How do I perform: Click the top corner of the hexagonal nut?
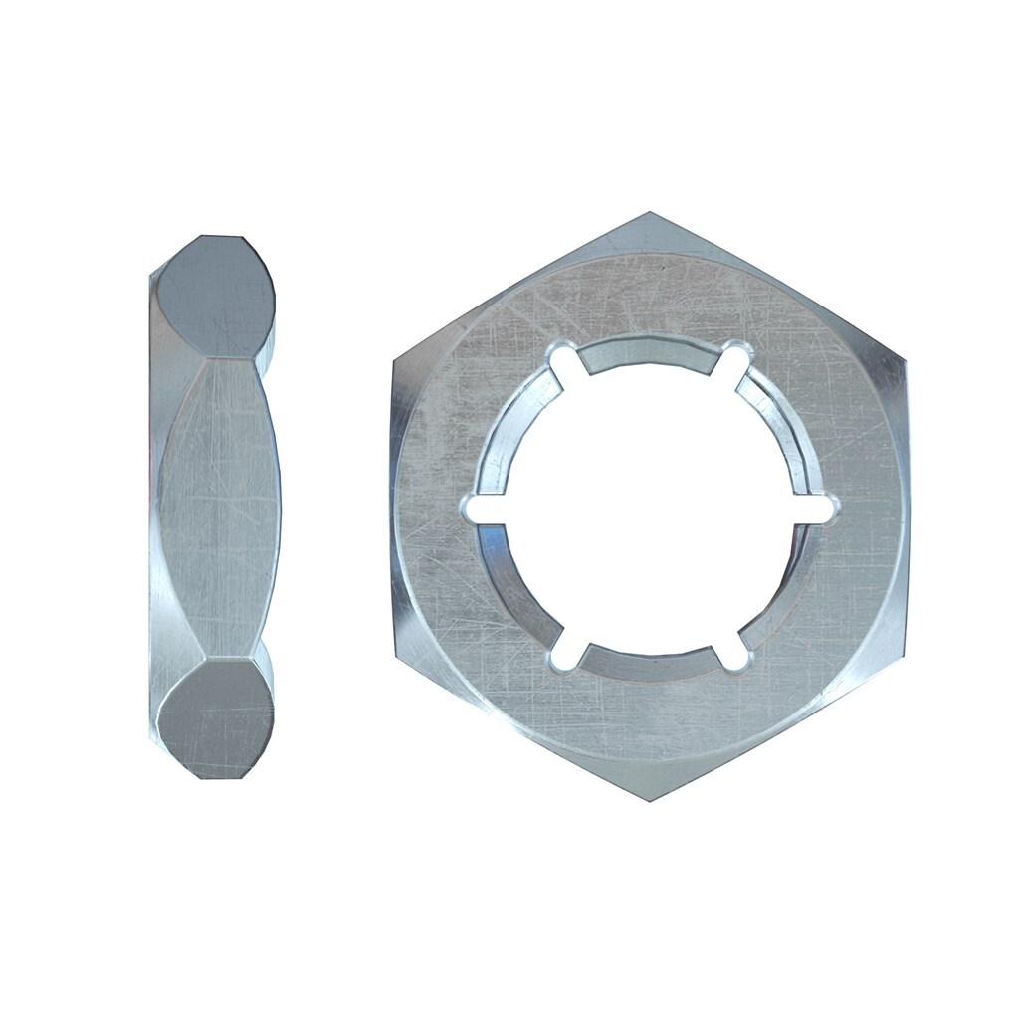[x=649, y=213]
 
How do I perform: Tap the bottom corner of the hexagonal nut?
[x=650, y=802]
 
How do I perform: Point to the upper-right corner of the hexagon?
[x=905, y=360]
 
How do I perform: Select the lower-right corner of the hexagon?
[x=905, y=655]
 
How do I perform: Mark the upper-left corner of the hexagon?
[x=394, y=360]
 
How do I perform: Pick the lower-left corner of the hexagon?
[x=394, y=655]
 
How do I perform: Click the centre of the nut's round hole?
[x=649, y=508]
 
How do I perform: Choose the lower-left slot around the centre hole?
[x=562, y=656]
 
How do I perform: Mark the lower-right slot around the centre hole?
[x=735, y=656]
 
